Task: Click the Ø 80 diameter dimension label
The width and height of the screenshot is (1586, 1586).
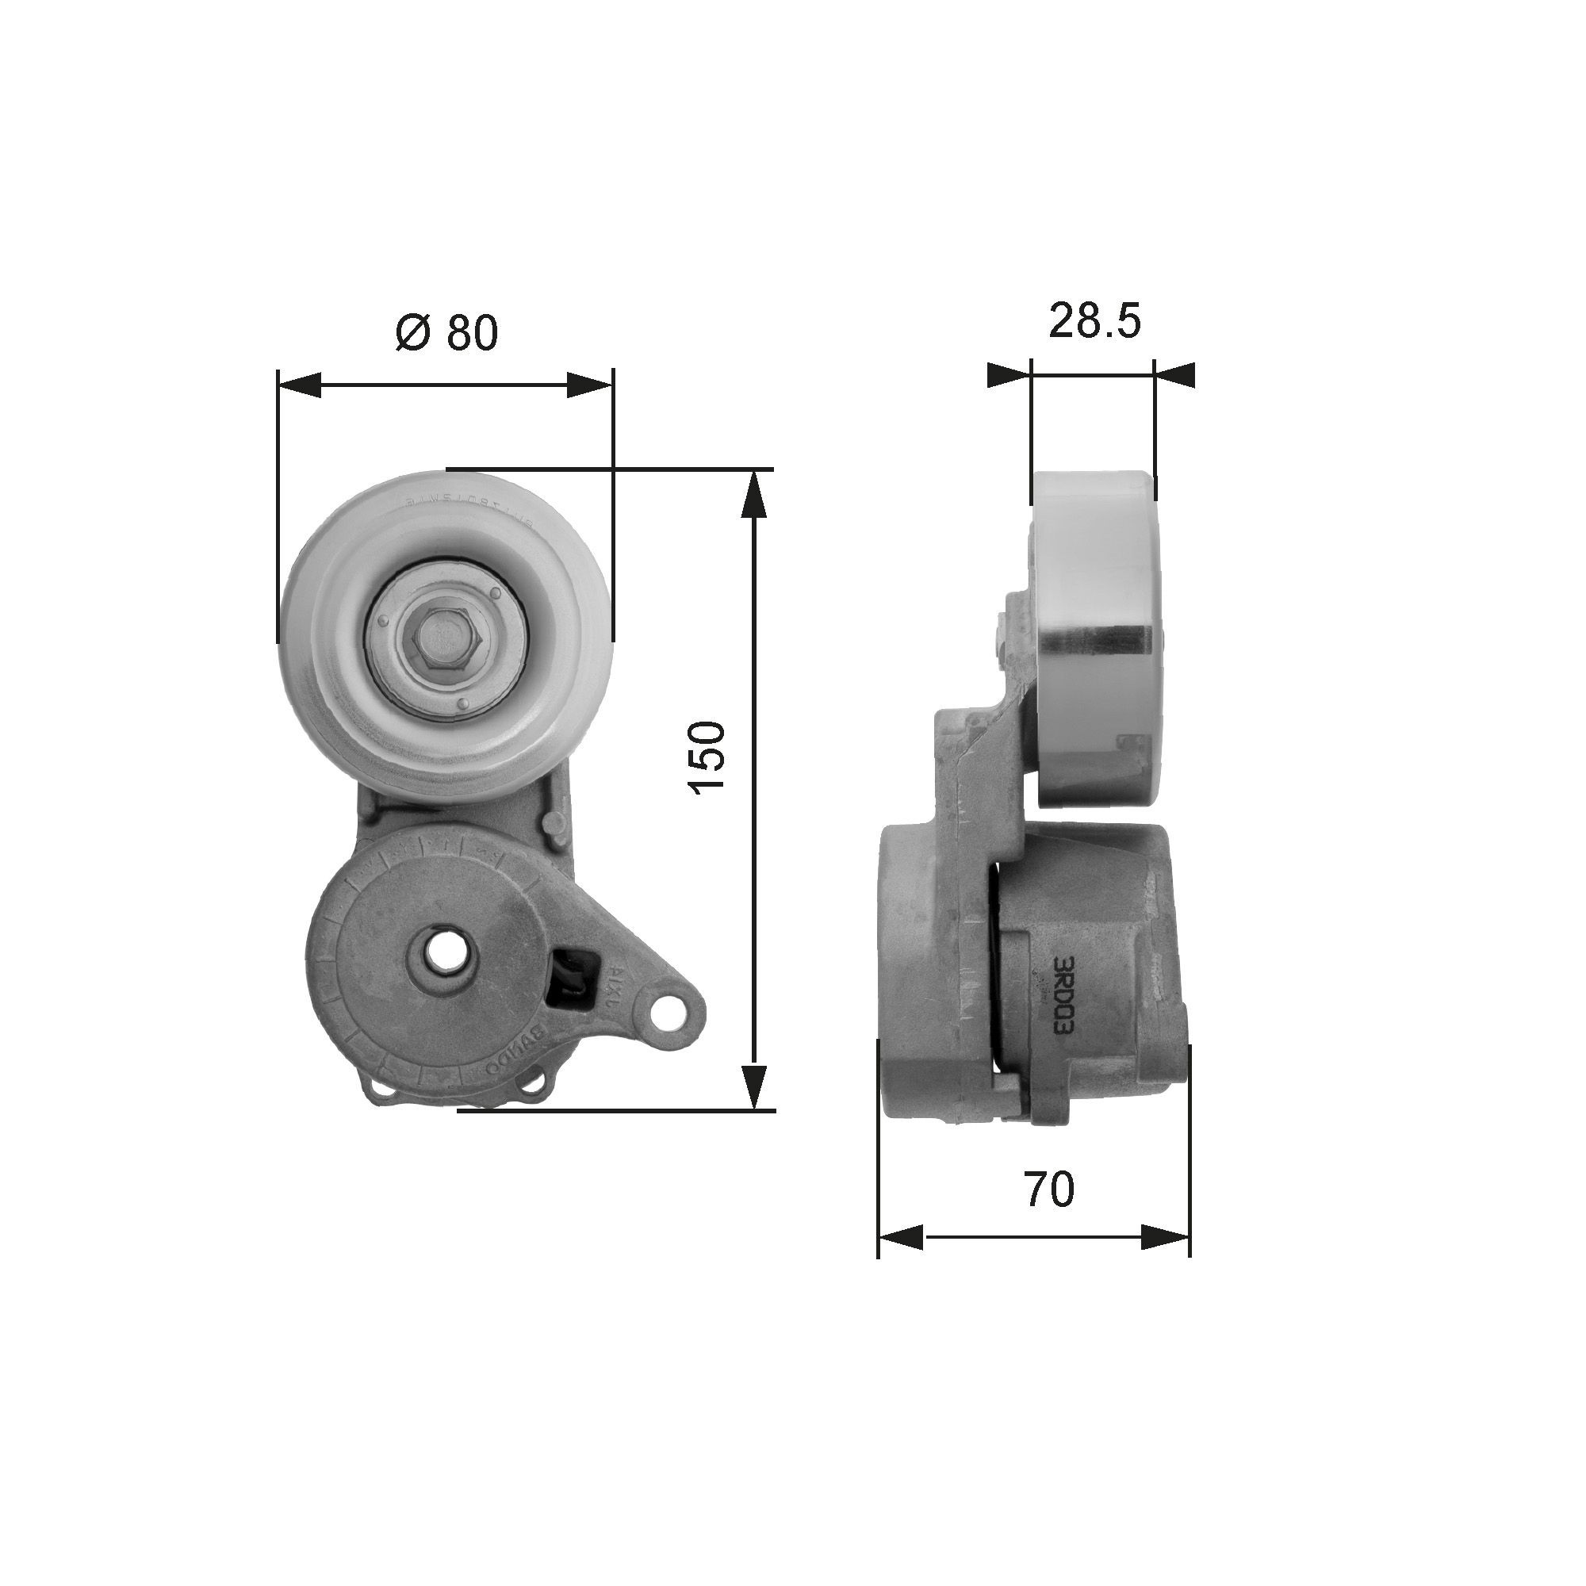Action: (x=446, y=332)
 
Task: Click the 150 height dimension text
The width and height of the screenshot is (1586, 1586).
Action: (x=707, y=757)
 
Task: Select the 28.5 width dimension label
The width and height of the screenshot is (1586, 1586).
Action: (x=1094, y=320)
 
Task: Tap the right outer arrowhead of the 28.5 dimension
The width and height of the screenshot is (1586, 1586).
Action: (x=1174, y=375)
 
